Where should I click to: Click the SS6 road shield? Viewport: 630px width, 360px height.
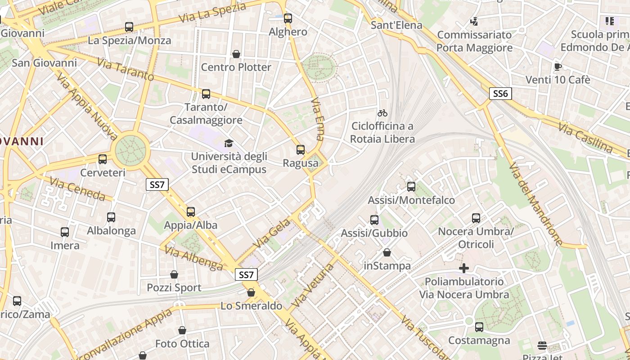(500, 94)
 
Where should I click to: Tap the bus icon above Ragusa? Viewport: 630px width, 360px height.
(301, 150)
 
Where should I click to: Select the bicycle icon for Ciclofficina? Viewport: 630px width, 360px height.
(382, 113)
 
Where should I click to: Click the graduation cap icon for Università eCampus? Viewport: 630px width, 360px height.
(229, 144)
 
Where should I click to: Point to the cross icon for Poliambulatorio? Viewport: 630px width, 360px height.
(464, 269)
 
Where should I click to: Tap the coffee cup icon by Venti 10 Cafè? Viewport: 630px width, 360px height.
(558, 67)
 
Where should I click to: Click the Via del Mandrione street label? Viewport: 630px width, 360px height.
(535, 204)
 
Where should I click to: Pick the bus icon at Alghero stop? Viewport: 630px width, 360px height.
(288, 18)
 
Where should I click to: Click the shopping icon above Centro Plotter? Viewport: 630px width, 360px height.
(236, 54)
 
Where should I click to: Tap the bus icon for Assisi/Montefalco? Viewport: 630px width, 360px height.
(411, 187)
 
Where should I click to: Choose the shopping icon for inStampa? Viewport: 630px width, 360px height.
(387, 252)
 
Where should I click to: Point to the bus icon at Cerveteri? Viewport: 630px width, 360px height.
(103, 159)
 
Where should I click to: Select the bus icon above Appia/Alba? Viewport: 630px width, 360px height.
(191, 211)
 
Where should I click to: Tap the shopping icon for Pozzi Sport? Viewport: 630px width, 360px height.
(174, 274)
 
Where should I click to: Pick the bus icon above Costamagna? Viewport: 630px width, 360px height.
(479, 327)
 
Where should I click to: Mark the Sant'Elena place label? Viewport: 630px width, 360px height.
(396, 25)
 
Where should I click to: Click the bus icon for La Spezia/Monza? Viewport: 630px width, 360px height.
(129, 27)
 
